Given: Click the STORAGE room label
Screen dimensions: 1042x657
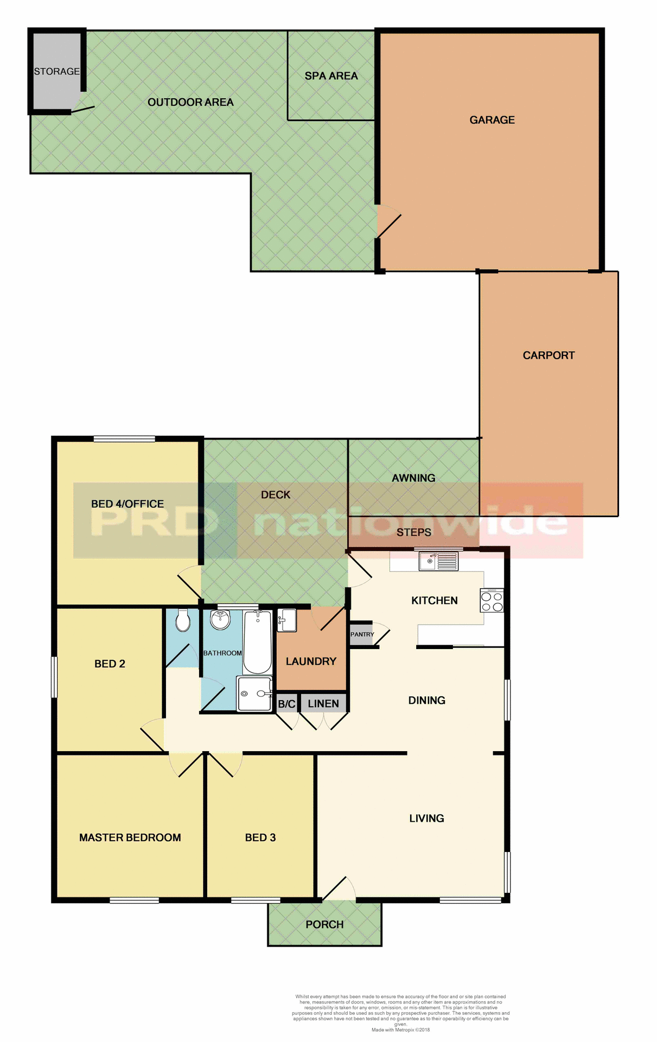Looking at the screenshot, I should (x=56, y=72).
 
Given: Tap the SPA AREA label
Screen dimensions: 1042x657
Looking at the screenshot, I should (x=331, y=76).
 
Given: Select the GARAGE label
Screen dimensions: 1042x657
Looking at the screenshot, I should (x=492, y=120).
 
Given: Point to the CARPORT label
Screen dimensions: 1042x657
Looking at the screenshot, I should (x=548, y=355).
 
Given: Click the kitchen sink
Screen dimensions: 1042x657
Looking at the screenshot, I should (x=438, y=561).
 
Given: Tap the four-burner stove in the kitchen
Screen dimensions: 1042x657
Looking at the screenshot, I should (x=492, y=601).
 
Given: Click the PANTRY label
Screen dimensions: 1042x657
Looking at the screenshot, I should (x=362, y=634).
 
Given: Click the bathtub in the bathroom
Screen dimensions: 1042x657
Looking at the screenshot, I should (x=257, y=642).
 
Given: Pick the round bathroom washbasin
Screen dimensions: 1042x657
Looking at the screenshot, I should (x=220, y=620).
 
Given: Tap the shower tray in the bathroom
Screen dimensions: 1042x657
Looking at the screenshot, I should (x=254, y=694).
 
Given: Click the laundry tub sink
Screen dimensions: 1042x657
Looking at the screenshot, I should (x=286, y=620).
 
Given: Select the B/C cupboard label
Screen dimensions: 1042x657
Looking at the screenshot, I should (x=286, y=704).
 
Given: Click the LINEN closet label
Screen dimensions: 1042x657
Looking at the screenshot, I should (x=323, y=704).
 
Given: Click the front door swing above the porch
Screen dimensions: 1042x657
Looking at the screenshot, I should (x=340, y=889).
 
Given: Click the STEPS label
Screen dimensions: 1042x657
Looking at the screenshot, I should (x=413, y=532).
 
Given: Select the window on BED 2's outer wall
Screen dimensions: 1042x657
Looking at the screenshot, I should (x=54, y=677).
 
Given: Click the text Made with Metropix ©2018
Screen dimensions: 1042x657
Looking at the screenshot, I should (x=400, y=1030).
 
